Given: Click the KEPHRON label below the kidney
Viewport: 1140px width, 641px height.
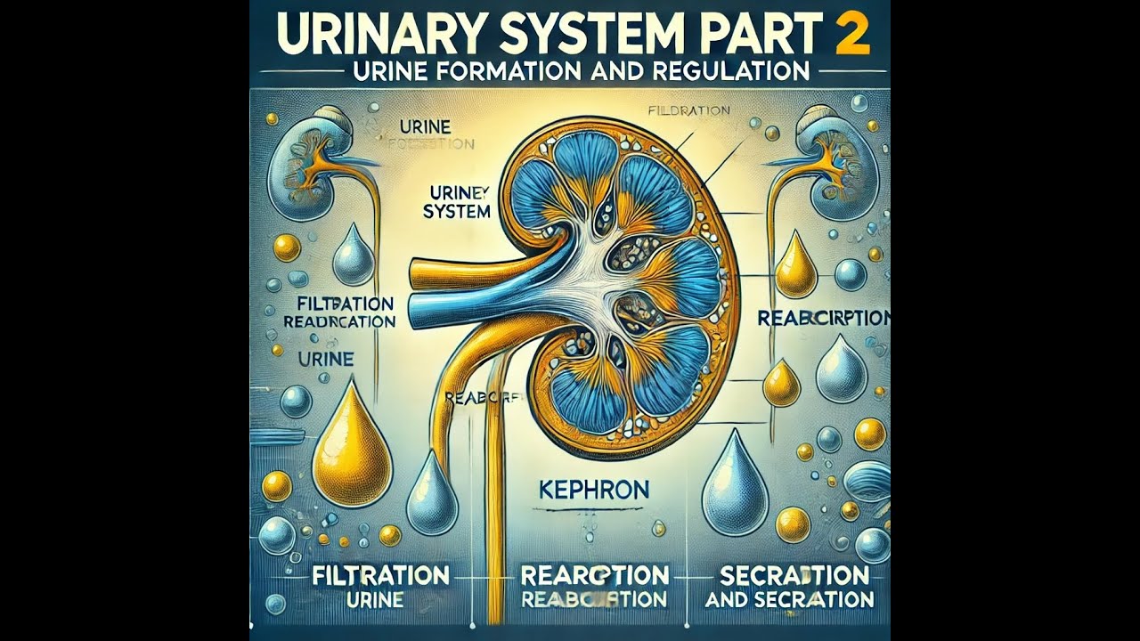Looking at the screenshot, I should [x=594, y=489].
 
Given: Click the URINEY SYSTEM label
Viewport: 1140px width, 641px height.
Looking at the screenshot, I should [x=460, y=201].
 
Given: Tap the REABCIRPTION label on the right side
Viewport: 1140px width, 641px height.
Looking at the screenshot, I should [x=823, y=318].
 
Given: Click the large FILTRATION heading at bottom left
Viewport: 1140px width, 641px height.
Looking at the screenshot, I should [x=381, y=574].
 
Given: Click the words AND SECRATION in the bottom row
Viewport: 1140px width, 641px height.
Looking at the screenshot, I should [x=789, y=600].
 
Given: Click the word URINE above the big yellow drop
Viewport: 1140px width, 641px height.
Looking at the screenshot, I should [x=323, y=361].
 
